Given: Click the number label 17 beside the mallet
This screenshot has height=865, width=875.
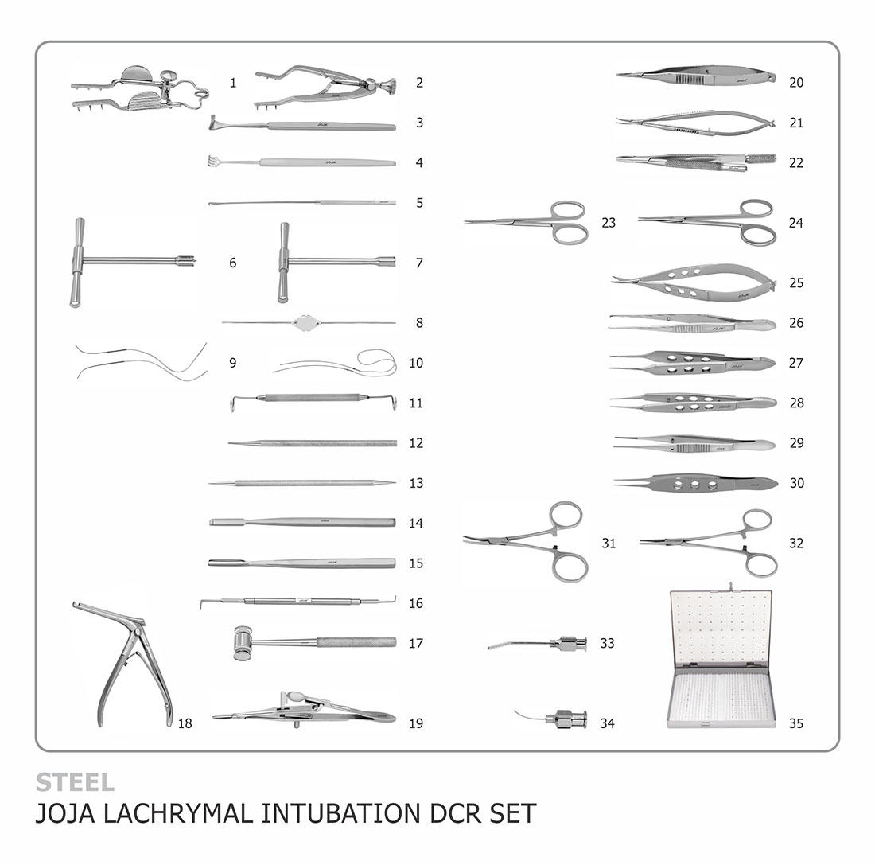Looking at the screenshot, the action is [416, 643].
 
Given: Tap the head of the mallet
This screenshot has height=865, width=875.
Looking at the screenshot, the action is [242, 643].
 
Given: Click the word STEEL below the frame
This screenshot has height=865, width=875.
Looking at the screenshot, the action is [75, 782].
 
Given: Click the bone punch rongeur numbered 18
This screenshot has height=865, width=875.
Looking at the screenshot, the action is [123, 664].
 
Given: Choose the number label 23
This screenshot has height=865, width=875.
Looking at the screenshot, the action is [609, 222].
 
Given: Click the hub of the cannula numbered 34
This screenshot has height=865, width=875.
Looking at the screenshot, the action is [568, 719].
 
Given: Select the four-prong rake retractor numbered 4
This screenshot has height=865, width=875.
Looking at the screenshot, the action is [302, 162].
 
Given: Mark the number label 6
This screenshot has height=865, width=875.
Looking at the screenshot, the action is [233, 263].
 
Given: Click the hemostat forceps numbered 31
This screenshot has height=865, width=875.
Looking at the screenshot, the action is [525, 542].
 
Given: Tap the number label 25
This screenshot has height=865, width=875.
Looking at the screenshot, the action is [796, 282].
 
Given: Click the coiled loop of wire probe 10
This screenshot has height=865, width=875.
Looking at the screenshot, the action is [377, 362].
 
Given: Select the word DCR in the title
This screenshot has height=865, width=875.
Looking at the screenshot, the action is [457, 813].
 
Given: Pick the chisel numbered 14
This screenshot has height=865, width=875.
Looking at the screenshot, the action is [302, 523].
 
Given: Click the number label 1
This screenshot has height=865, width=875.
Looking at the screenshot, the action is [233, 83].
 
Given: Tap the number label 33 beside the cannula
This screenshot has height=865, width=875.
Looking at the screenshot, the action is [607, 643].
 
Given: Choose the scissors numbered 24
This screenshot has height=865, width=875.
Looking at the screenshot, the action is [707, 222].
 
